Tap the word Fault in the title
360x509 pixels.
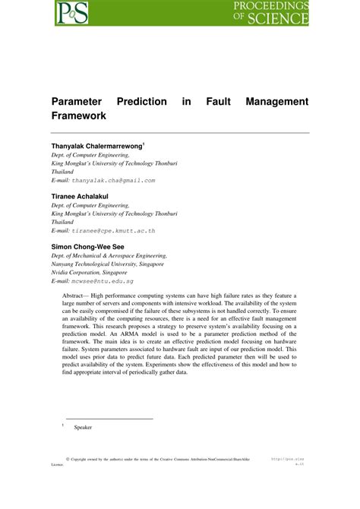(223, 102)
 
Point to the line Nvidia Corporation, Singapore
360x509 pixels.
(96, 272)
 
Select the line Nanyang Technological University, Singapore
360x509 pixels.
(108, 264)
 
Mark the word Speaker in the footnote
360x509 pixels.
(83, 428)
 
